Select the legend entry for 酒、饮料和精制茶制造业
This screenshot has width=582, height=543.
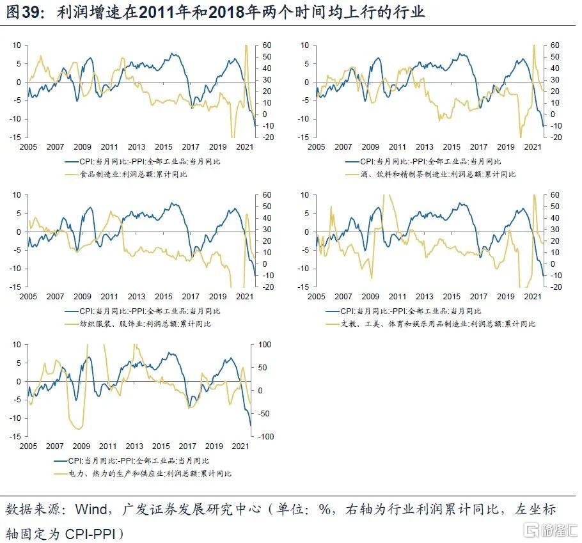tap(429, 174)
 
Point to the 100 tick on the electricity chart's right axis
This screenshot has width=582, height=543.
tap(265, 345)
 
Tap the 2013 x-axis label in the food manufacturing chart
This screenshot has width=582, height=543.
tap(136, 146)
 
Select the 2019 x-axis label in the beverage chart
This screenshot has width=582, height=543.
tap(506, 146)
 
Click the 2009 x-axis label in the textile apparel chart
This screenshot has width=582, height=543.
tap(82, 297)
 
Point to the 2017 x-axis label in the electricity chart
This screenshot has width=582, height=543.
tap(187, 446)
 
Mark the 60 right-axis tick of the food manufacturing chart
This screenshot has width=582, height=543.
tap(262, 45)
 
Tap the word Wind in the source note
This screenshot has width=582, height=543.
tap(91, 510)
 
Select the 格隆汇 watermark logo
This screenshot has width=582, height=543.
tap(550, 530)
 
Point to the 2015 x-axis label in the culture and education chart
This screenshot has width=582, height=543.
tap(452, 297)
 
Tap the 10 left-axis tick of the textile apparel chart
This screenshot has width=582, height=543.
tap(18, 195)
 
